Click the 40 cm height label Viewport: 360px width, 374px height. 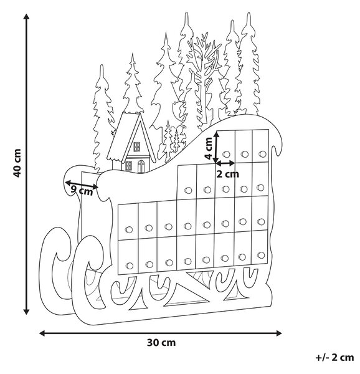coord(17,163)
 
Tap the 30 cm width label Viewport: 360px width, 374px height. coord(161,343)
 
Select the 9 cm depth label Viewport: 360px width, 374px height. coord(82,191)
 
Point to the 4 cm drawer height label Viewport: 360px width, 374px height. coord(209,148)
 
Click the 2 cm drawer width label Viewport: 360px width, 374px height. coord(227,175)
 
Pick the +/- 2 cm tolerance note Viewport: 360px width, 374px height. coord(334,358)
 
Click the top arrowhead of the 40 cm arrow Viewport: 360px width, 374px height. coord(26,17)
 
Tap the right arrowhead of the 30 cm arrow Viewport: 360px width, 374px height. coord(279,333)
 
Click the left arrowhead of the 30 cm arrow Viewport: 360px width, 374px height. coord(42,333)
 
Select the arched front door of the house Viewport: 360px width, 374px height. coord(141,166)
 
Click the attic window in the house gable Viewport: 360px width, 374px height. coord(137,146)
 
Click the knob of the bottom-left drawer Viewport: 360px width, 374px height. coord(130,266)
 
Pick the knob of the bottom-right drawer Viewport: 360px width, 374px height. coord(261,255)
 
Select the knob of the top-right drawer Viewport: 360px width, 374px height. coord(263,154)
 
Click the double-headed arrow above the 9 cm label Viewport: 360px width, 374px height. coord(82,185)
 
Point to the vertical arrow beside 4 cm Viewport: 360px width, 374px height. coord(216,147)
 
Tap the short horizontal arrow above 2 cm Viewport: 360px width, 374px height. coord(225,163)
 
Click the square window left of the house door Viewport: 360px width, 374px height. coord(128,166)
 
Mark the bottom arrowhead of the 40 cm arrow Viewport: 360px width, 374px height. coord(26,311)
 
